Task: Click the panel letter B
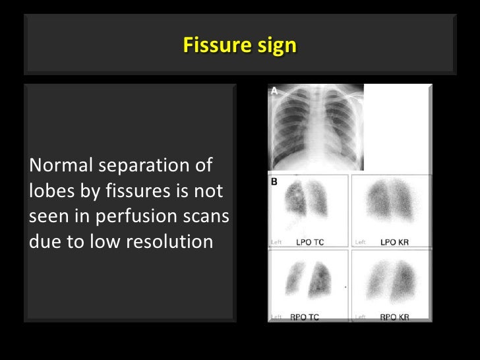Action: [x=274, y=180]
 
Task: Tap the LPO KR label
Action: [x=395, y=242]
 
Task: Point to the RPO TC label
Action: [x=305, y=317]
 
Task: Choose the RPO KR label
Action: [x=394, y=317]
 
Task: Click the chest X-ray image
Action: [x=316, y=128]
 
